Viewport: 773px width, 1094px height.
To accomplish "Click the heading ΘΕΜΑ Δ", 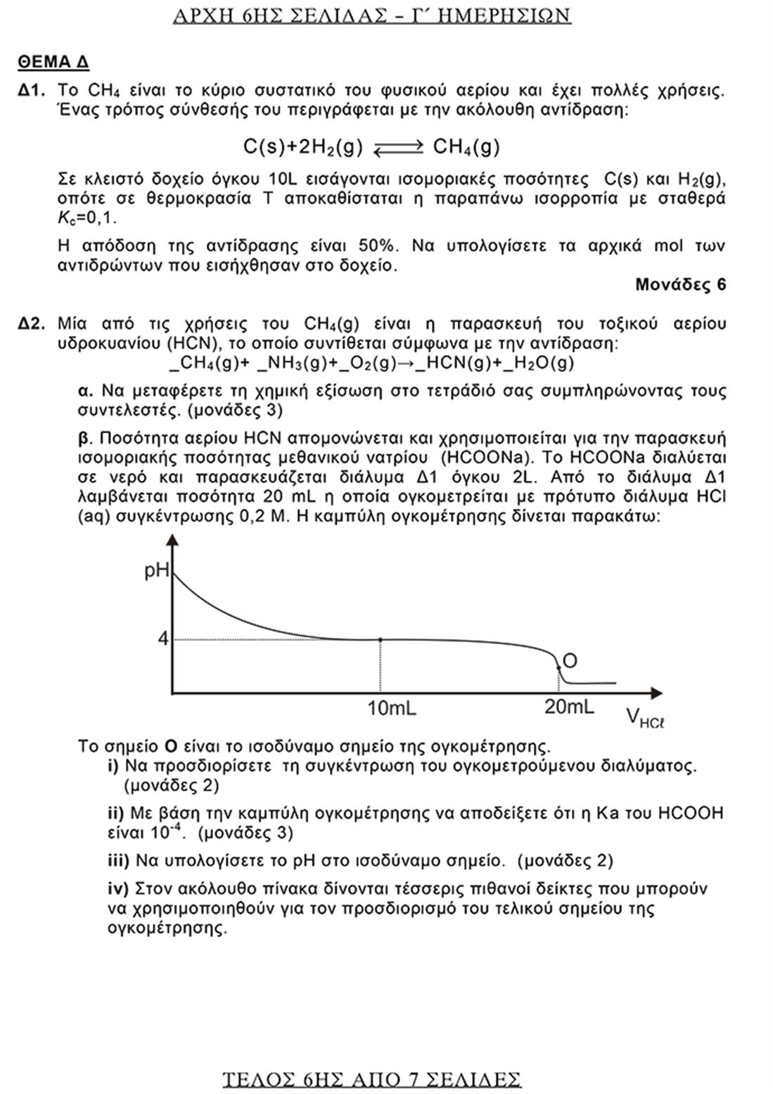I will [x=53, y=62].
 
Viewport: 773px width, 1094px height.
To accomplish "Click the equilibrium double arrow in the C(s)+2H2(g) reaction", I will [x=398, y=147].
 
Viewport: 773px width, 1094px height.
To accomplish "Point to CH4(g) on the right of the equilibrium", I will [x=466, y=147].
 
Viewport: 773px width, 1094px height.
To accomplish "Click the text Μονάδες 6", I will [x=680, y=284].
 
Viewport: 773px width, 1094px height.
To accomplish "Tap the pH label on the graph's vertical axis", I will [x=156, y=570].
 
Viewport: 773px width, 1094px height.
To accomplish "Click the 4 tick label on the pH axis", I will [x=162, y=639].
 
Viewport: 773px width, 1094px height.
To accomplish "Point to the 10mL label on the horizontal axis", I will [x=391, y=708].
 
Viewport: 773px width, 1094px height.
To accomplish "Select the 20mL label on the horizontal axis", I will [x=568, y=706].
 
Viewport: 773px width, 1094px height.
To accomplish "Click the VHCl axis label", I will [x=644, y=718].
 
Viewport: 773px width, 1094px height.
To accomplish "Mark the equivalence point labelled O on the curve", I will [x=558, y=666].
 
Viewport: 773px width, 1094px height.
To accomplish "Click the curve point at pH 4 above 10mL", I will [x=381, y=639].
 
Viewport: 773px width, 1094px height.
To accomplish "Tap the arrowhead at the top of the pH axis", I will [x=171, y=539].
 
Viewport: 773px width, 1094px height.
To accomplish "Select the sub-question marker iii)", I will [x=118, y=860].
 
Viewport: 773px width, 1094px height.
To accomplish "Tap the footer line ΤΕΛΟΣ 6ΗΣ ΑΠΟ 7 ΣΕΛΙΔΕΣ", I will [x=371, y=1079].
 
